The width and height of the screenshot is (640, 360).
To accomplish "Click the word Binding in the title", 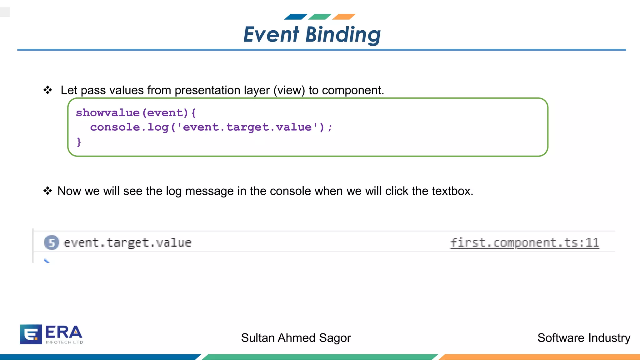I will point(343,34).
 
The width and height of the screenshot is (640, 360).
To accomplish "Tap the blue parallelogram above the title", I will point(296,17).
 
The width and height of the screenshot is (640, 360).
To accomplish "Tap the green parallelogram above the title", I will point(320,17).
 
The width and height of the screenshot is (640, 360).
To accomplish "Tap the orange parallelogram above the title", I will point(344,17).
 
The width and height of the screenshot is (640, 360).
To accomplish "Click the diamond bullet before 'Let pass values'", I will point(48,90).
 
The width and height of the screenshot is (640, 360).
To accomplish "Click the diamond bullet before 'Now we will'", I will point(48,191).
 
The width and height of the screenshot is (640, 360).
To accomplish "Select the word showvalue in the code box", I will point(108,112).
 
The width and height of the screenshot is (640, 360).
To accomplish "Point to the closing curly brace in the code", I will point(79,142).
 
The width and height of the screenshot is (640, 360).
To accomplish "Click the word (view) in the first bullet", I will point(289,90).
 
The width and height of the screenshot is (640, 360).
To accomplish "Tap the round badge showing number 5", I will point(52,242).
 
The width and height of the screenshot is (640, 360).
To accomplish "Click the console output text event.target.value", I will point(127,242).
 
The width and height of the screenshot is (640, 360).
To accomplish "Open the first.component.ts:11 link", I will point(524,242).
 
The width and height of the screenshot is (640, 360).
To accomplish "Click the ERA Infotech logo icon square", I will point(31,334).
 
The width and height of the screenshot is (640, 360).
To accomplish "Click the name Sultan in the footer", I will point(257,338).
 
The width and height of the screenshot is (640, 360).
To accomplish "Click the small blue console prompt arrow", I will point(47,261).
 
